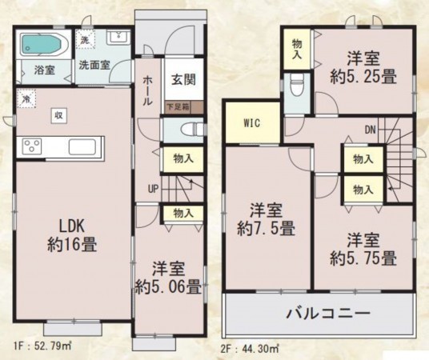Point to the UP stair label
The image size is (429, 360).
point(152,189)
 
